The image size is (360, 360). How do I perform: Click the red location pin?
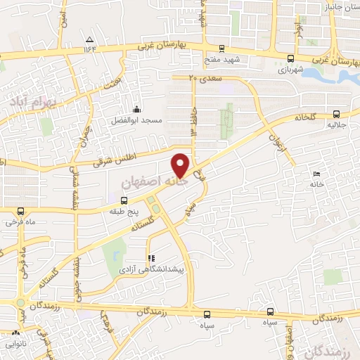pos(181,165)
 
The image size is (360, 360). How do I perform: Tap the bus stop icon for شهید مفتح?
pos(221,49)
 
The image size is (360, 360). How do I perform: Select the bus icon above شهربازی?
pos(291,58)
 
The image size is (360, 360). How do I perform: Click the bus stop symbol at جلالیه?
pos(336,113)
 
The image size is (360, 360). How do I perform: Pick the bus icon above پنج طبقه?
pos(115,199)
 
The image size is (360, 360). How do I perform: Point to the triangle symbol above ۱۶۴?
pos(89,39)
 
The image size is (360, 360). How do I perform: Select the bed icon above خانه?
pos(317,173)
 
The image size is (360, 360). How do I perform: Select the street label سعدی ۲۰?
pos(205,78)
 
